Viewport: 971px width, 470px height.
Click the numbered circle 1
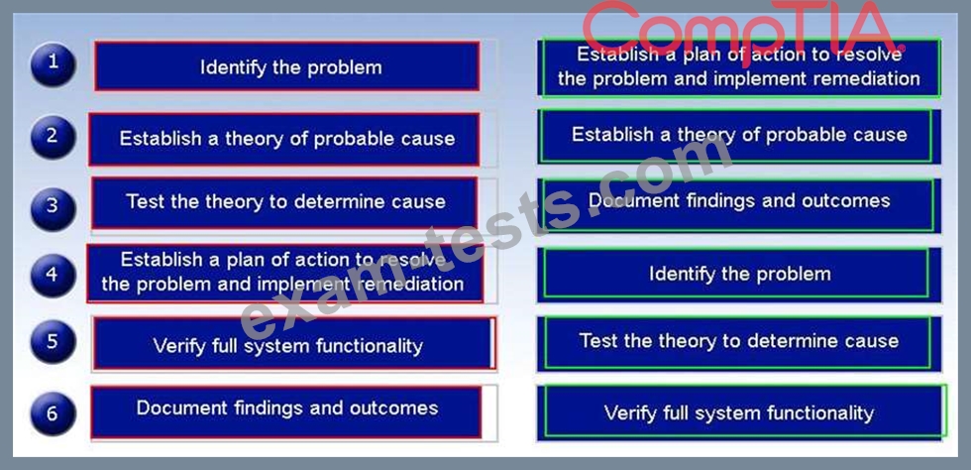54,64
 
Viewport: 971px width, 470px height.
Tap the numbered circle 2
54,137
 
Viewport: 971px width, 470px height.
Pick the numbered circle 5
54,342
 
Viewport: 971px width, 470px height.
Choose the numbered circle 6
54,413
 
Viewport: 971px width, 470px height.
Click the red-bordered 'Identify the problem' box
287,66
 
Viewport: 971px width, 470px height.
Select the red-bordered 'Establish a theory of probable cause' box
284,140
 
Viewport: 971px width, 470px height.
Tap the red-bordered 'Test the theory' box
285,202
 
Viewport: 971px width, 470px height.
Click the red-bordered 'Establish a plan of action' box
285,274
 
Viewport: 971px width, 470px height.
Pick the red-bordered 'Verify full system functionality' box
294,343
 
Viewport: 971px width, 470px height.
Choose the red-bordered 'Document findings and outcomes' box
286,411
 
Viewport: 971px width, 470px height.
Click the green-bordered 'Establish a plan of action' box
739,67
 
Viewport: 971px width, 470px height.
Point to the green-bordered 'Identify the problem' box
739,275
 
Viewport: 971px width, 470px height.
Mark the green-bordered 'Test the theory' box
739,343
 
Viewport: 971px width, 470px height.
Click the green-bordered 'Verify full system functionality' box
742,412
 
